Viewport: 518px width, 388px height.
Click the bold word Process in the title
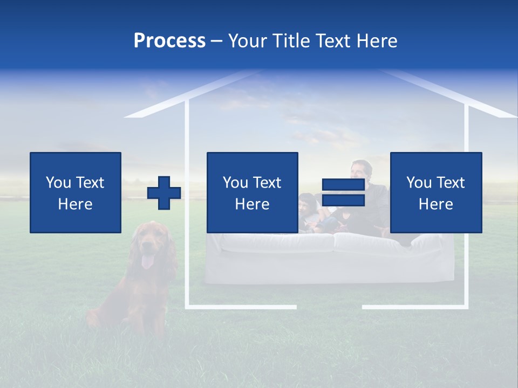169,41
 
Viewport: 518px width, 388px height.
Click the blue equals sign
343,192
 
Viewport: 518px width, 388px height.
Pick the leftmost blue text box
76,192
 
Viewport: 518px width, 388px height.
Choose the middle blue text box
252,192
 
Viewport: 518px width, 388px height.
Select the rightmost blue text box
436,192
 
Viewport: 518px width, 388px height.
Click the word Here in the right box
436,204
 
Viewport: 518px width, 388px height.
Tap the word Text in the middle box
267,183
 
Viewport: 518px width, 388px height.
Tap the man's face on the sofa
358,170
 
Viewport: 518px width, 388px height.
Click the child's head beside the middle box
307,202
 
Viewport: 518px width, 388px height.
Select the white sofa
329,259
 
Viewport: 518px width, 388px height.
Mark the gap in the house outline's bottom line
329,307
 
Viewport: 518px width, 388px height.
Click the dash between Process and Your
216,41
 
